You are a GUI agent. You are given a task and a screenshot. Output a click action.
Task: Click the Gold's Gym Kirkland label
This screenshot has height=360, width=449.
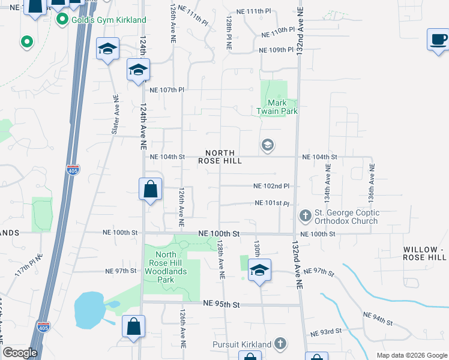click(109, 20)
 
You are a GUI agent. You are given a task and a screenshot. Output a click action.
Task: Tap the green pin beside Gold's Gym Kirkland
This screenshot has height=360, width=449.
click(61, 20)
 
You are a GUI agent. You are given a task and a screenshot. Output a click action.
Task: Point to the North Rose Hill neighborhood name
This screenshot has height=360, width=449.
click(220, 157)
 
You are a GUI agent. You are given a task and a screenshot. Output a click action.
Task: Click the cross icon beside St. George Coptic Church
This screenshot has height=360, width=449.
click(305, 215)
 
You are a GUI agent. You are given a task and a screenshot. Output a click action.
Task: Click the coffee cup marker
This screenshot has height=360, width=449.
click(438, 40)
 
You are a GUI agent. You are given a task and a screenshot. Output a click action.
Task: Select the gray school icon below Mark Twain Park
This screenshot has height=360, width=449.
click(267, 145)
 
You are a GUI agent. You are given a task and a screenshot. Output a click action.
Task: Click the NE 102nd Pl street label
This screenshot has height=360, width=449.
click(271, 187)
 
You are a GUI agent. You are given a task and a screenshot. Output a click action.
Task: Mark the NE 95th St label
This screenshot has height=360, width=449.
click(221, 305)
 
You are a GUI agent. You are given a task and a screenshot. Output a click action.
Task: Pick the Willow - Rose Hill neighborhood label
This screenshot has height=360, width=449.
click(424, 253)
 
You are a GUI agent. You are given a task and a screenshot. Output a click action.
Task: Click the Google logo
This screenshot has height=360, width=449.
click(20, 353)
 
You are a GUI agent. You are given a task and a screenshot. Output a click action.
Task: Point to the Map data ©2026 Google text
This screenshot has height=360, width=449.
click(412, 355)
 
